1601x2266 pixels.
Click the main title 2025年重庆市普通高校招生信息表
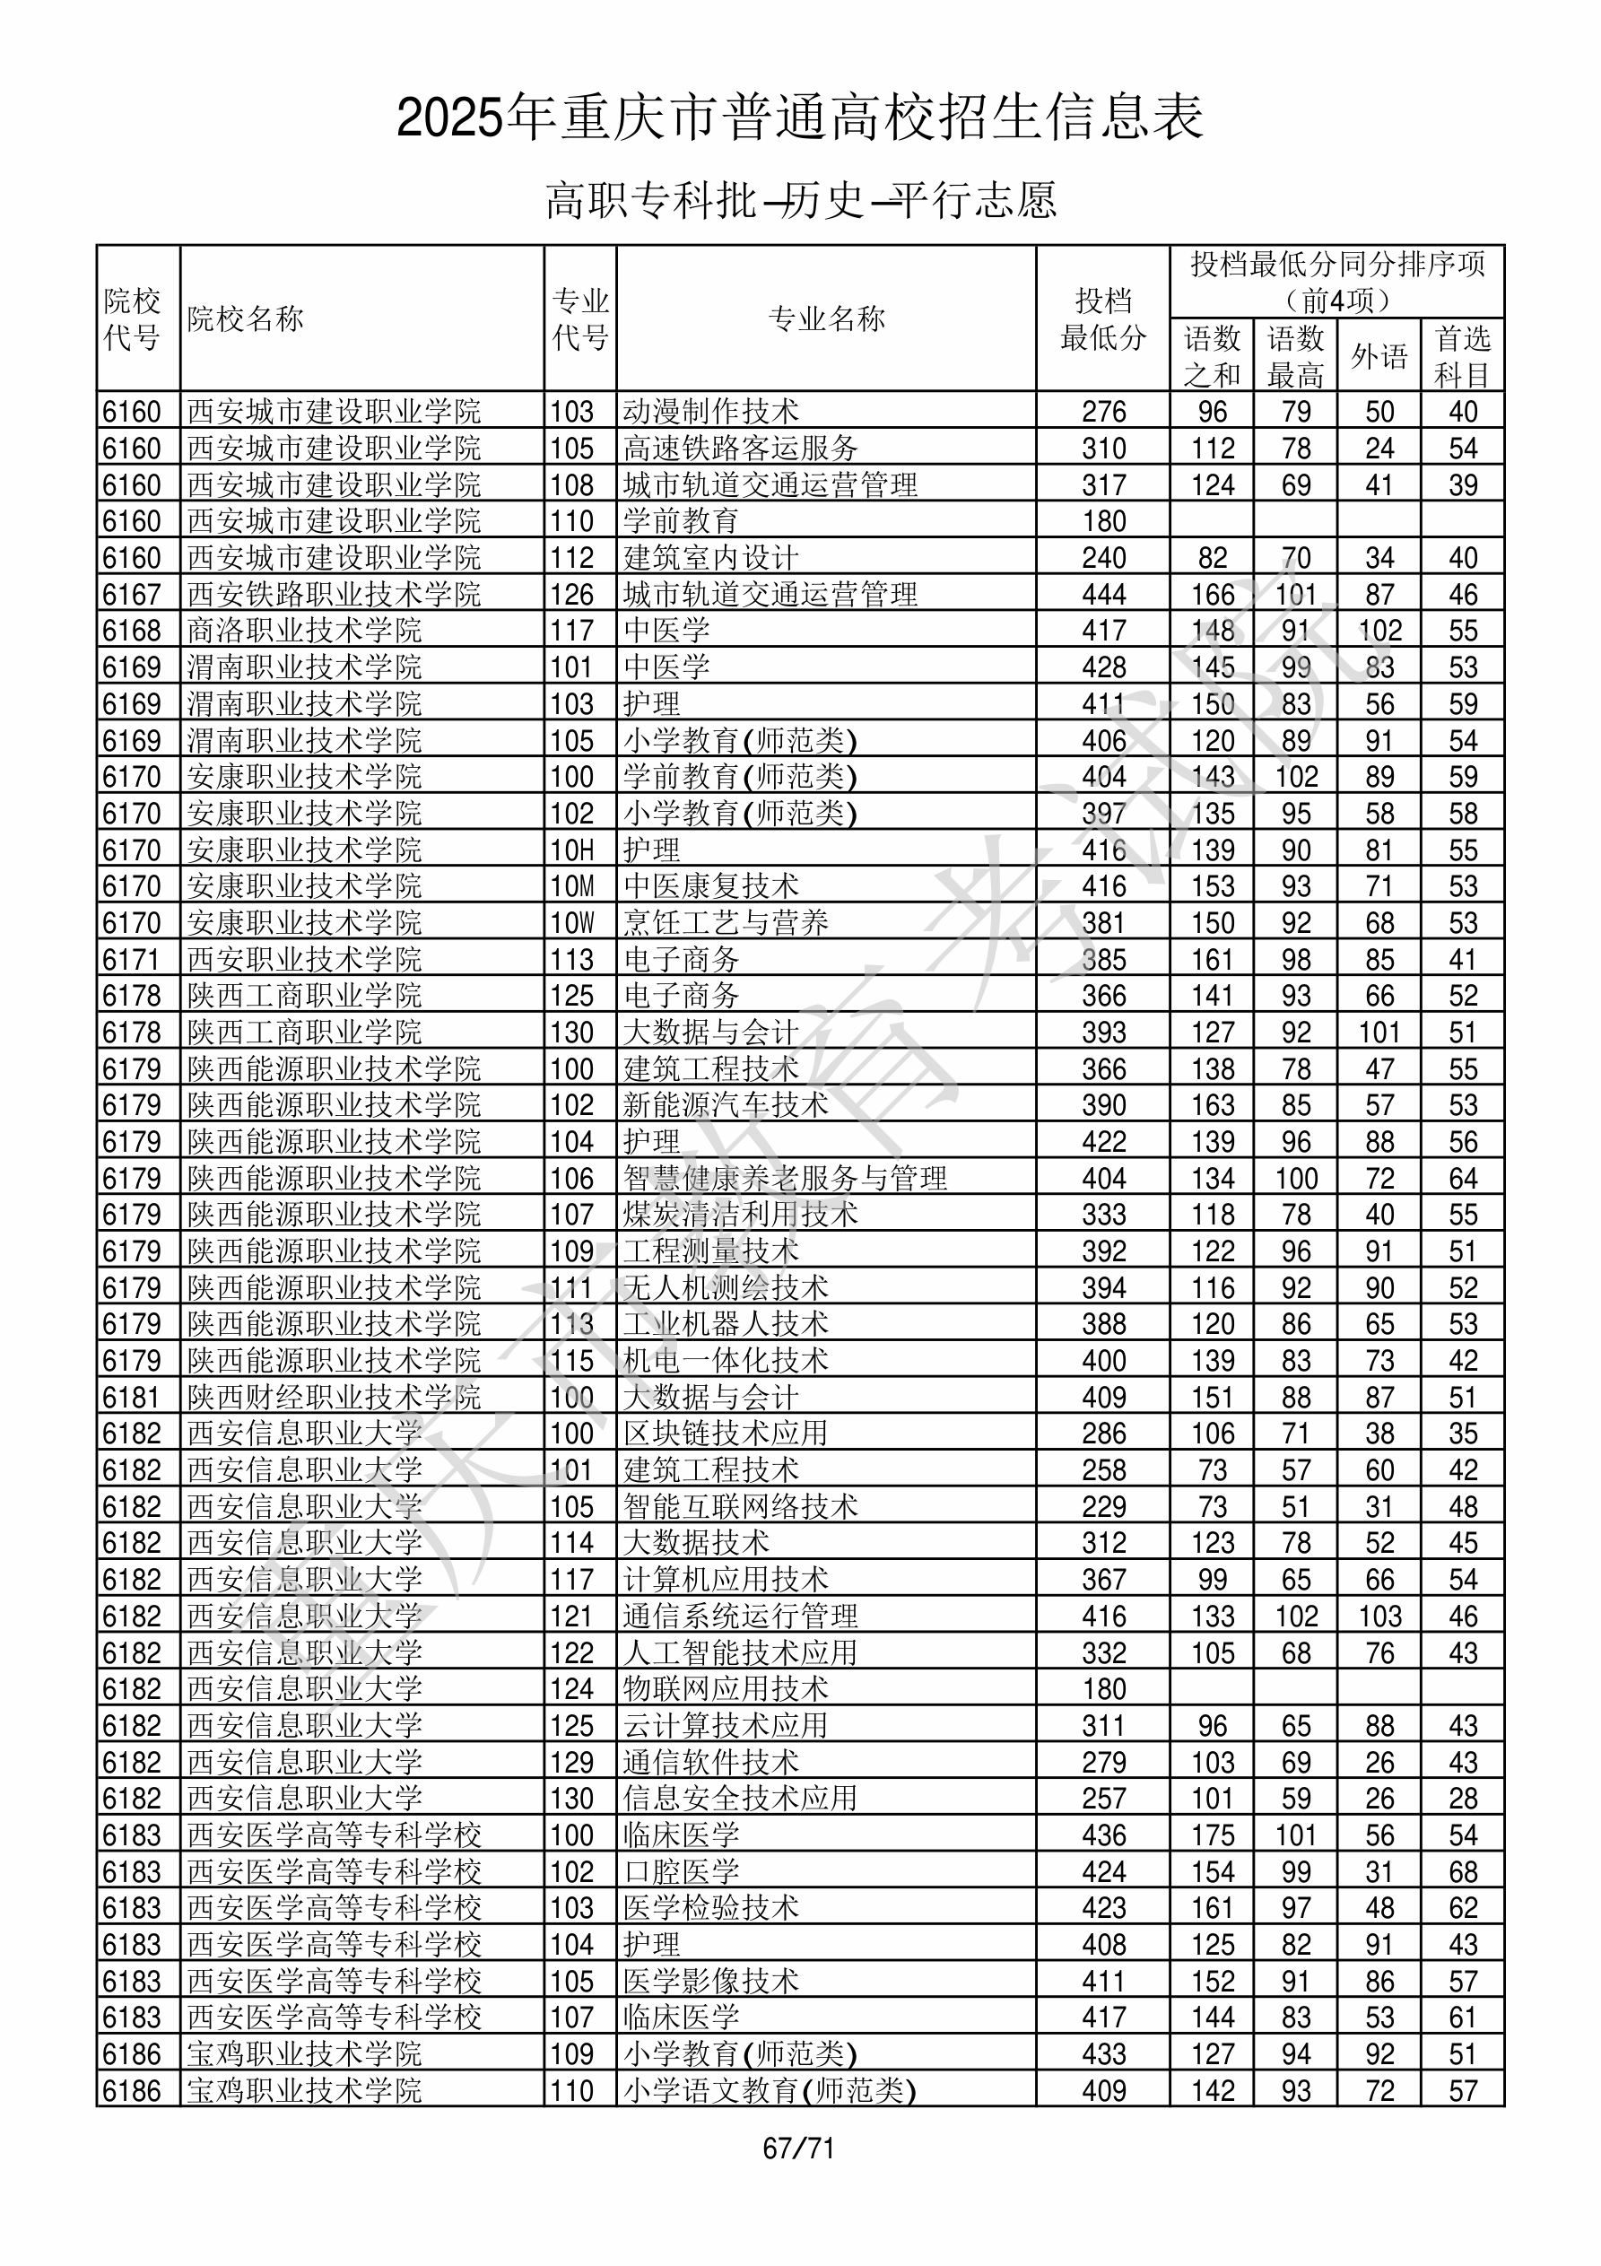(799, 118)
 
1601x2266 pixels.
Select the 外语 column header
(1378, 356)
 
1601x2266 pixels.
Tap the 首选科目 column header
(1462, 356)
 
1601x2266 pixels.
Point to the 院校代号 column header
(132, 318)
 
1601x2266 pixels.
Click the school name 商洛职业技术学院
(304, 631)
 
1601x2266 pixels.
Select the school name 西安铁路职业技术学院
(334, 594)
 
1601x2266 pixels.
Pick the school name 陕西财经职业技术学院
(334, 1397)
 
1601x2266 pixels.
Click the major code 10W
(572, 923)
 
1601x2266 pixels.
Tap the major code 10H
(572, 850)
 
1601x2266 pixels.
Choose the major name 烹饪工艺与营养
(726, 923)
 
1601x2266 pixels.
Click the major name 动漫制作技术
(710, 412)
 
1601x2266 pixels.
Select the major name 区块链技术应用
(726, 1433)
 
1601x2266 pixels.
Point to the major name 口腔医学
(681, 1871)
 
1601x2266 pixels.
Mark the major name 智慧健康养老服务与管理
(785, 1178)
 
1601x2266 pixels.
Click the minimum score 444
(1102, 594)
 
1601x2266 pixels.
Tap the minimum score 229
(1102, 1506)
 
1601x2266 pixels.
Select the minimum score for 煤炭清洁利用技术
(1102, 1214)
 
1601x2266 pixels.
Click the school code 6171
(131, 959)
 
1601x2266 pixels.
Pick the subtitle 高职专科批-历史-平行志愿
(800, 200)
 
